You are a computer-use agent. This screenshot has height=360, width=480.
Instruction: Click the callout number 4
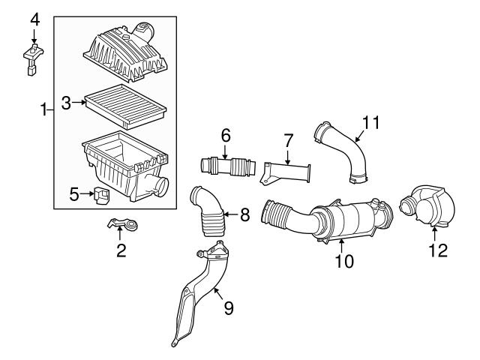pyautogui.click(x=34, y=20)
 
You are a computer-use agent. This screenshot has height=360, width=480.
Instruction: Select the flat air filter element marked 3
pyautogui.click(x=125, y=106)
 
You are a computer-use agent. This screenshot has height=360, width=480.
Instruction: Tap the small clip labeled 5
pyautogui.click(x=102, y=195)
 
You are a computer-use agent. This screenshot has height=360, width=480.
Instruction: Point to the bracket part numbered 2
pyautogui.click(x=123, y=224)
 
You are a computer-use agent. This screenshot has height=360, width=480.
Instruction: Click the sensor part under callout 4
pyautogui.click(x=33, y=59)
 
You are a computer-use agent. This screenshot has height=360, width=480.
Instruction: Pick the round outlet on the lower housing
pyautogui.click(x=162, y=187)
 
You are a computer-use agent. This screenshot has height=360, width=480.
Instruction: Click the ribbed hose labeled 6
pyautogui.click(x=228, y=166)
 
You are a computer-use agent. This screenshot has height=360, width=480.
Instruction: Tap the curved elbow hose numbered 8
pyautogui.click(x=208, y=212)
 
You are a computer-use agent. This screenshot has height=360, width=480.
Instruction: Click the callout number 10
pyautogui.click(x=344, y=261)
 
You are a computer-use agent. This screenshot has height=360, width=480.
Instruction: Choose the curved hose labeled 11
pyautogui.click(x=343, y=151)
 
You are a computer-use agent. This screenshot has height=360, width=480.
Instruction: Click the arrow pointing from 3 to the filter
pyautogui.click(x=79, y=103)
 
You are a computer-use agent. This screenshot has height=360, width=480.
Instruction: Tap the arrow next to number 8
pyautogui.click(x=231, y=214)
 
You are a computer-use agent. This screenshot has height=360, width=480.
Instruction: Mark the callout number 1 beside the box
pyautogui.click(x=44, y=109)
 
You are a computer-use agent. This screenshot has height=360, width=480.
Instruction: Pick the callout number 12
pyautogui.click(x=438, y=250)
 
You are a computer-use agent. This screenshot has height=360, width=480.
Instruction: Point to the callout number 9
pyautogui.click(x=228, y=308)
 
